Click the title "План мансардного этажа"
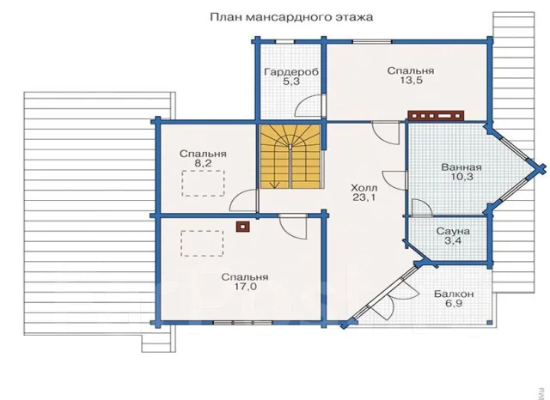pyautogui.click(x=291, y=17)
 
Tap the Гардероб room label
pyautogui.click(x=291, y=72)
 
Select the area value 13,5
pyautogui.click(x=411, y=80)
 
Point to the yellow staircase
pyautogui.click(x=290, y=156)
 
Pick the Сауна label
pyautogui.click(x=453, y=231)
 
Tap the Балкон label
pyautogui.click(x=454, y=294)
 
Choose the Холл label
pyautogui.click(x=364, y=188)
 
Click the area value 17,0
pyautogui.click(x=245, y=287)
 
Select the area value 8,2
pyautogui.click(x=203, y=163)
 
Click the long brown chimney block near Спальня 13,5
pyautogui.click(x=436, y=116)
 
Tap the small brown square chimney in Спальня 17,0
pyautogui.click(x=243, y=227)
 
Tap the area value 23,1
pyautogui.click(x=364, y=197)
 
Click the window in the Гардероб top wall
pyautogui.click(x=284, y=41)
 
